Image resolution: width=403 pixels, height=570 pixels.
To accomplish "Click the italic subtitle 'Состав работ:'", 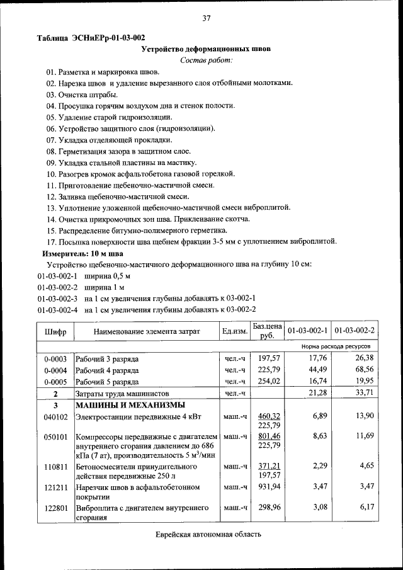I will pyautogui.click(x=206, y=60).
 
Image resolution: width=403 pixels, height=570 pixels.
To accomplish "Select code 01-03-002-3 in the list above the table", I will pyautogui.click(x=57, y=298).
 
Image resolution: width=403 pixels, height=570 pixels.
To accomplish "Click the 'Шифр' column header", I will pyautogui.click(x=55, y=331).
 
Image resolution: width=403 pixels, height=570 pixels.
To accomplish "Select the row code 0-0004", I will pyautogui.click(x=55, y=370).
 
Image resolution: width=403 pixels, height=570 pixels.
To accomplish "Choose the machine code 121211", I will pyautogui.click(x=55, y=487).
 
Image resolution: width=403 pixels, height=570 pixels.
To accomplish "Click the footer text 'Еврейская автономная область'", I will pyautogui.click(x=208, y=534).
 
